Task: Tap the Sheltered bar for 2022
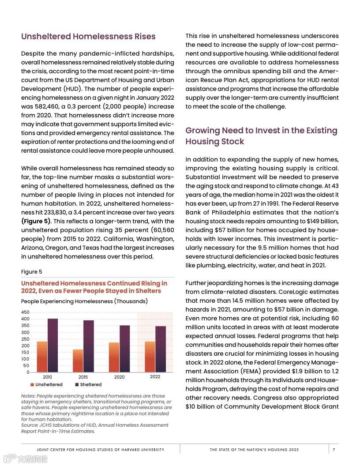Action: pos(161,349)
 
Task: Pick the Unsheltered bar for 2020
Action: pos(114,357)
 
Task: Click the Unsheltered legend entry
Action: pos(46,384)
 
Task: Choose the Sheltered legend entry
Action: pos(88,384)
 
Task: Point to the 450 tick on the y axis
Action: pos(25,312)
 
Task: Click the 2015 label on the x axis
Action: pos(83,377)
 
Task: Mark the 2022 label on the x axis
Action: pos(155,377)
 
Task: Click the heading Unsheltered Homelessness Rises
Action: pos(88,36)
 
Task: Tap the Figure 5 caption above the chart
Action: pos(32,272)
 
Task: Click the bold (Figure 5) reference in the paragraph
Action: pos(36,221)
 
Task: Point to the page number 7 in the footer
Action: pos(334,450)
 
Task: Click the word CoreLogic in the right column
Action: pos(294,292)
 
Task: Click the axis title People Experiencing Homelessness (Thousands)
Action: pos(84,301)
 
